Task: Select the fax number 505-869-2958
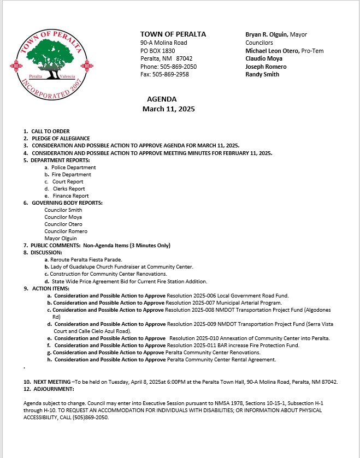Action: [x=169, y=74]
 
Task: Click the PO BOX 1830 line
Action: [x=157, y=50]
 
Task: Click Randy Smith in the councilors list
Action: [x=262, y=74]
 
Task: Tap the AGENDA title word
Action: [x=162, y=99]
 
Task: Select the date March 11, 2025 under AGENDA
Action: [x=168, y=109]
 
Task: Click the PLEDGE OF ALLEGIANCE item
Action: [x=60, y=139]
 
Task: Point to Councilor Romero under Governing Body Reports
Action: [x=66, y=231]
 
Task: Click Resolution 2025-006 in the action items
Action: [x=191, y=295]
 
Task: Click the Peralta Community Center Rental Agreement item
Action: [x=221, y=360]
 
